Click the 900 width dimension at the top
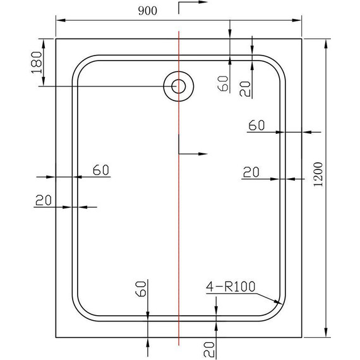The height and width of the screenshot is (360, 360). [x=145, y=10]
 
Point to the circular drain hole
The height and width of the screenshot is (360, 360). [x=178, y=86]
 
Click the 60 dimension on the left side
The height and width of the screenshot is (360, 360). [x=101, y=169]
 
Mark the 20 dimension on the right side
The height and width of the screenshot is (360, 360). [x=251, y=171]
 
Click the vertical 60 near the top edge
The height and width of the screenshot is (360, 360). [x=223, y=83]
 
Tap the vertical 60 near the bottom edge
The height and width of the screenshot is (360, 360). [x=141, y=290]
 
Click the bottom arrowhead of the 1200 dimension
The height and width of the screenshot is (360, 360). [x=326, y=335]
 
